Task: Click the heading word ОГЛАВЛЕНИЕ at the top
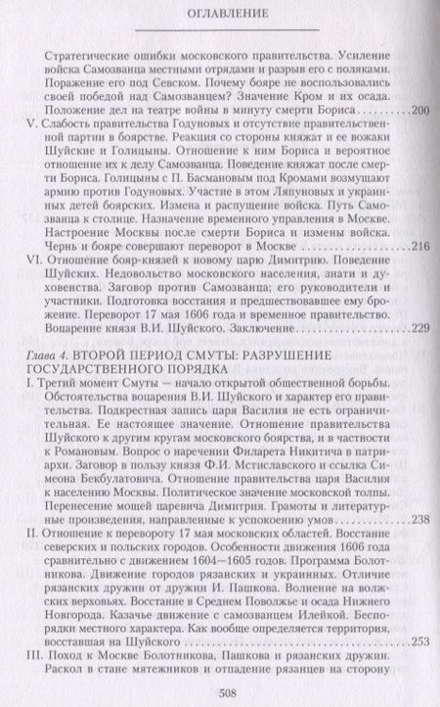(219, 17)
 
